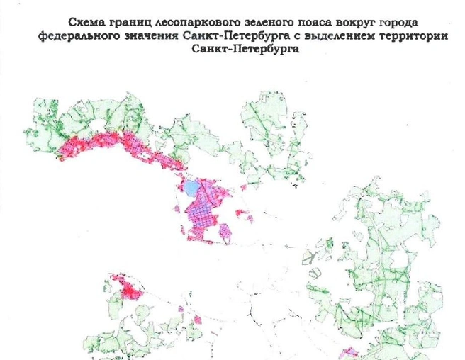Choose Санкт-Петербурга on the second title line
coord(237,36)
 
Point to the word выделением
coord(335,36)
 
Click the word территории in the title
coord(414,36)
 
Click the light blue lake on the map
coord(193,189)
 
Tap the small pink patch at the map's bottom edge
coord(349,352)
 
